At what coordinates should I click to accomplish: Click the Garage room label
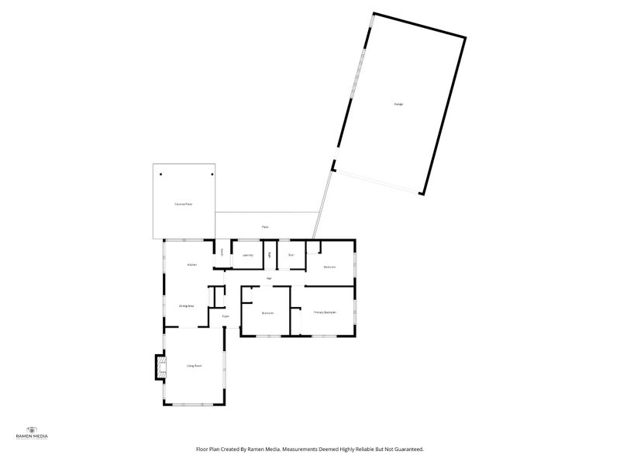(x=398, y=104)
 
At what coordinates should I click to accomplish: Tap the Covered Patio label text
(x=183, y=204)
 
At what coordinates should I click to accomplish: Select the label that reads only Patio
(x=265, y=226)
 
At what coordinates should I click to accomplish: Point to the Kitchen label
(x=191, y=265)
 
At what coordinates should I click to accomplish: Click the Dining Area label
(x=186, y=305)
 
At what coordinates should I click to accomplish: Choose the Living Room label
(x=194, y=365)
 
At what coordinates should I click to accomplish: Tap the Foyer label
(x=226, y=316)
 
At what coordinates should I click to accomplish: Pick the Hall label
(x=269, y=277)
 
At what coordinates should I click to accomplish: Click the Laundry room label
(x=248, y=254)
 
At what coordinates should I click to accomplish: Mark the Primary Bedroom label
(x=325, y=312)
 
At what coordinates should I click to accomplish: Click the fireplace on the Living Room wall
(x=160, y=366)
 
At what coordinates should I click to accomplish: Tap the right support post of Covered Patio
(x=210, y=174)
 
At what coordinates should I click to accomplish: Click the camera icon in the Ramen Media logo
(x=32, y=429)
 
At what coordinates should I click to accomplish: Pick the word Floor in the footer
(x=203, y=449)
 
